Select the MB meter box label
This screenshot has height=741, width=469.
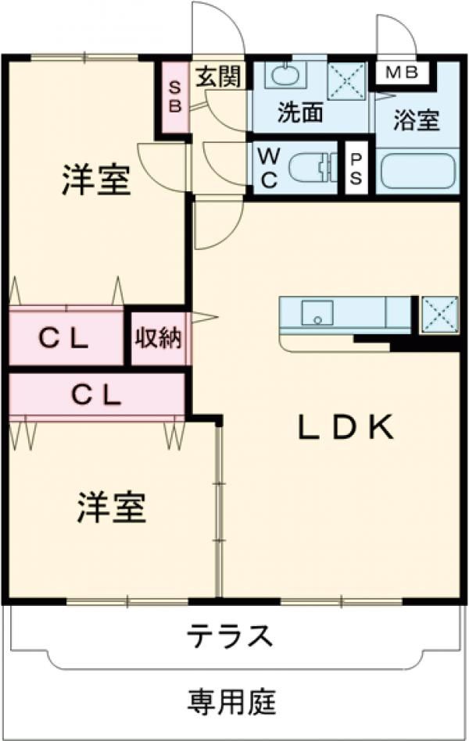[403, 73]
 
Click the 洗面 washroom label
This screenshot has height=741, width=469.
[301, 114]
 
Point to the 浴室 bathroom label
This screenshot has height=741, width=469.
[416, 121]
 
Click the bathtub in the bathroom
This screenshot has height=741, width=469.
[417, 173]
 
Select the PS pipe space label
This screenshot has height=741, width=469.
[356, 168]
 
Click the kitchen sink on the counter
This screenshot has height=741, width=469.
[317, 313]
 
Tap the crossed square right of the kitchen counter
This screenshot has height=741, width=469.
[439, 314]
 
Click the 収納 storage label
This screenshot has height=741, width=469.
[159, 338]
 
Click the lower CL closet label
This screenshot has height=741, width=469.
[97, 394]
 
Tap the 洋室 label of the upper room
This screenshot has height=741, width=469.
[95, 181]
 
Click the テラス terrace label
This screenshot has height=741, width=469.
[229, 636]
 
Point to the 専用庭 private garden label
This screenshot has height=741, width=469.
[231, 702]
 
